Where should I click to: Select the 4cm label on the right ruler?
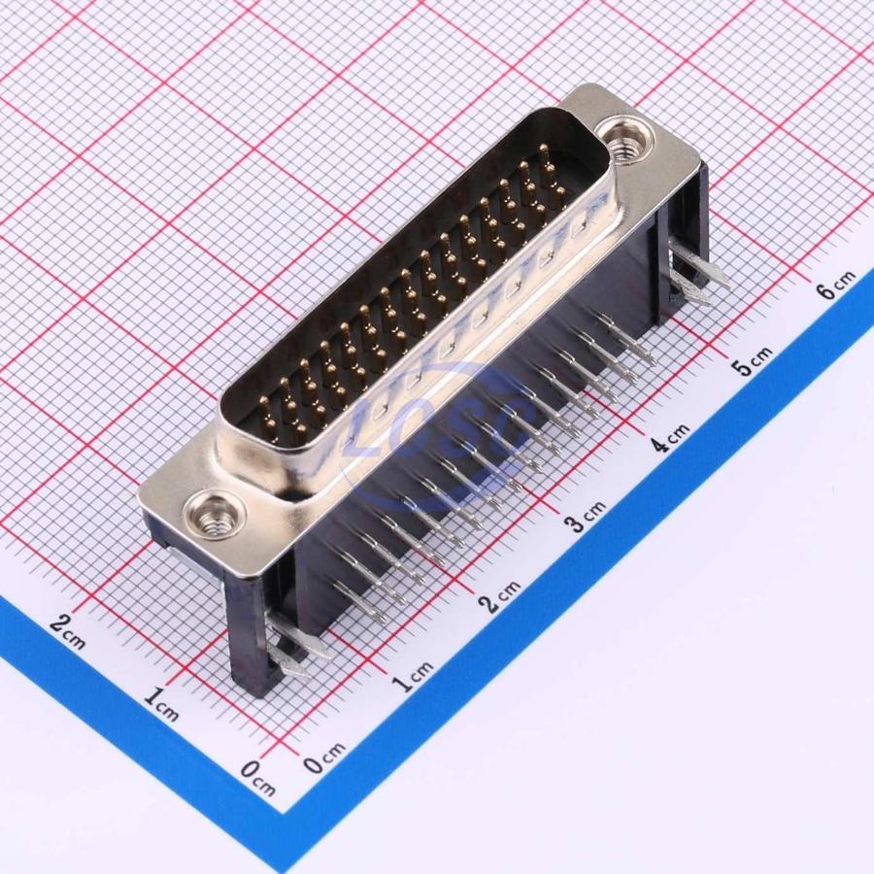coord(669,436)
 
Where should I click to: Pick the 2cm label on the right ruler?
coord(500,596)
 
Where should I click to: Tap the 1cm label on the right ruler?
coord(413,676)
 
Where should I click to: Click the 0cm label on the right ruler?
coord(325,756)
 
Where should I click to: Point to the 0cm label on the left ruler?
coord(258,778)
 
